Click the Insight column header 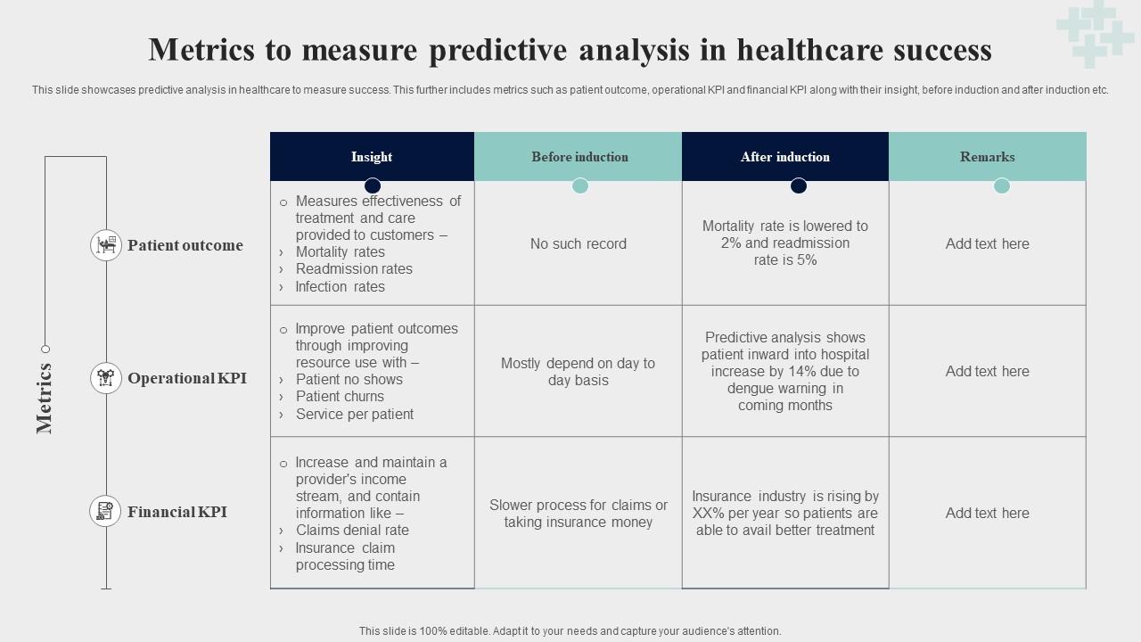coord(372,157)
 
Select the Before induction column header coord(579,157)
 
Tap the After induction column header coord(784,157)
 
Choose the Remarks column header coord(987,157)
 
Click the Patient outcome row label coord(185,245)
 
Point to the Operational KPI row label coord(187,378)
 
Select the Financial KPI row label coord(177,512)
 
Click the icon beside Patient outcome coord(106,244)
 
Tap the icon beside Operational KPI coord(106,378)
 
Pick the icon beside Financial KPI coord(106,512)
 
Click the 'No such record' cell coord(579,243)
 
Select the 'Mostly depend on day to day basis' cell coord(578,372)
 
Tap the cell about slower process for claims coord(579,514)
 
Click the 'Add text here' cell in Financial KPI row coord(987,513)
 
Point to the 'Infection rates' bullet coord(340,286)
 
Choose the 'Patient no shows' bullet coord(349,380)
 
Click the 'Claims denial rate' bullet coord(352,530)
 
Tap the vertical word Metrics coord(45,398)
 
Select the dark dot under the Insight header coord(373,185)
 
